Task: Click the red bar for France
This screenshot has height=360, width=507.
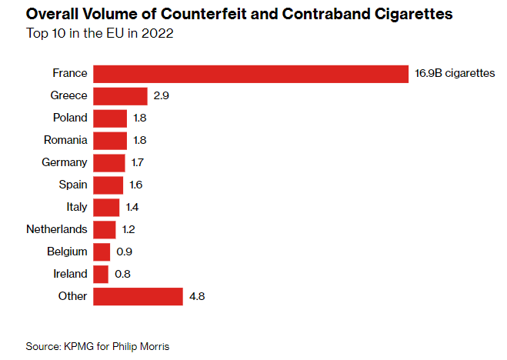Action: tap(250, 74)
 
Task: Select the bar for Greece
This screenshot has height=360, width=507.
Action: tap(120, 96)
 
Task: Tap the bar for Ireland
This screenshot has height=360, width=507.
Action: tap(101, 274)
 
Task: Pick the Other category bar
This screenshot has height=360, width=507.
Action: tap(138, 296)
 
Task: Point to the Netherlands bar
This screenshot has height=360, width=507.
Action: tap(104, 229)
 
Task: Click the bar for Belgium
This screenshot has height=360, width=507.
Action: tap(102, 252)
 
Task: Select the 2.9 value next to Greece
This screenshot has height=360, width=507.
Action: tap(160, 96)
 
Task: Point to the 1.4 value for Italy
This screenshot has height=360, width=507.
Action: tap(132, 207)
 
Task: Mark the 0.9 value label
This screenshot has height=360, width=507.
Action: tap(123, 252)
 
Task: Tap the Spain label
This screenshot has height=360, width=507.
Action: tap(73, 185)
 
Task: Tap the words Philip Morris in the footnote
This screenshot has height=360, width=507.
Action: tap(144, 346)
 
